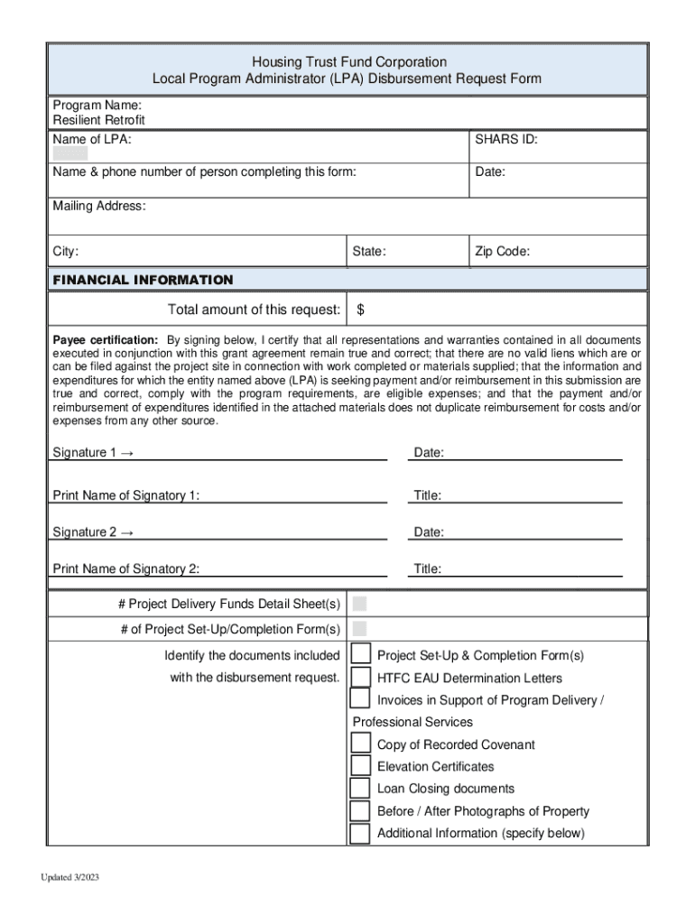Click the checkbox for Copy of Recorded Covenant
pyautogui.click(x=360, y=744)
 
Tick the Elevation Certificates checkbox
pyautogui.click(x=360, y=766)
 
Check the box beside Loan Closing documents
pyautogui.click(x=360, y=788)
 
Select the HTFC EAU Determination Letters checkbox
pyautogui.click(x=360, y=677)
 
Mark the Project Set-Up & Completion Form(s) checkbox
pyautogui.click(x=360, y=654)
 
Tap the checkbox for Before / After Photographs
pyautogui.click(x=360, y=810)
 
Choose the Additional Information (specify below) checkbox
pyautogui.click(x=360, y=833)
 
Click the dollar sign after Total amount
pyautogui.click(x=360, y=310)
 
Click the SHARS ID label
pyautogui.click(x=506, y=139)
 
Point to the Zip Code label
pyautogui.click(x=502, y=252)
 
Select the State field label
pyautogui.click(x=369, y=252)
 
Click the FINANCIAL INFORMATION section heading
pyautogui.click(x=143, y=280)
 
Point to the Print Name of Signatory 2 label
pyautogui.click(x=126, y=568)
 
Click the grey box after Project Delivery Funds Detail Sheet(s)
pyautogui.click(x=359, y=604)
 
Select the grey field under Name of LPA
pyautogui.click(x=70, y=153)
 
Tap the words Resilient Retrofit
pyautogui.click(x=98, y=120)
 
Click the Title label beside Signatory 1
pyautogui.click(x=428, y=495)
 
